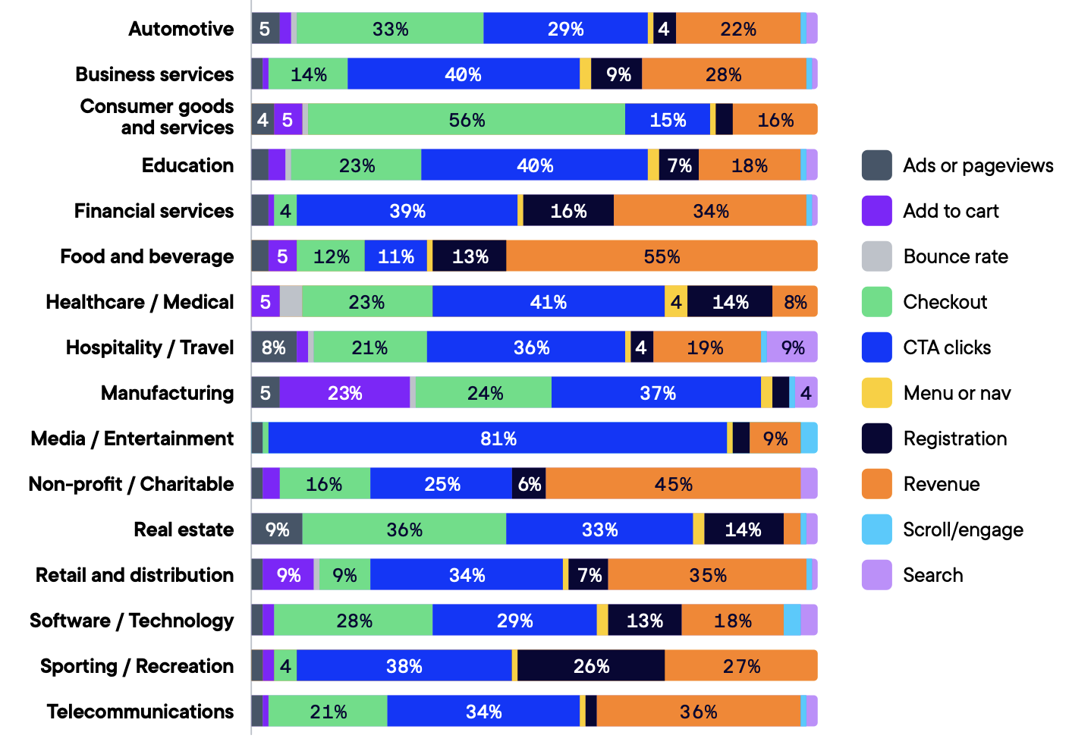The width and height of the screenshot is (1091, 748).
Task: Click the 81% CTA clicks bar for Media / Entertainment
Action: [498, 438]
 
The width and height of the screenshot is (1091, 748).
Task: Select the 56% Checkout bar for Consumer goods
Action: [466, 120]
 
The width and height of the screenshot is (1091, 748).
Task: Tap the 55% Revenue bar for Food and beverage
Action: [662, 256]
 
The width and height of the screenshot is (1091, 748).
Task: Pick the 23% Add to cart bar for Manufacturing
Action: [344, 393]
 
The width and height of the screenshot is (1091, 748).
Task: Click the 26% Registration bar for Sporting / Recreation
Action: [591, 666]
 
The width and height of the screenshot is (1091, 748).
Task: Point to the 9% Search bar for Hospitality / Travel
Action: [792, 347]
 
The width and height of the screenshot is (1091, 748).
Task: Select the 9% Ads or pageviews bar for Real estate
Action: [277, 530]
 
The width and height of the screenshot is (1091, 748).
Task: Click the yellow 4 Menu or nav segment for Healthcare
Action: [676, 302]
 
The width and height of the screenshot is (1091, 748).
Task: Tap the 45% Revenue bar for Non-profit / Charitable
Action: [673, 484]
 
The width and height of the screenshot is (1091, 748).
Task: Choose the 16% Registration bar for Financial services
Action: [568, 211]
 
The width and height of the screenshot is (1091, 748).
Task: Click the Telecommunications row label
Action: [140, 712]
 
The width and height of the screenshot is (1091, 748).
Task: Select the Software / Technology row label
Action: [132, 621]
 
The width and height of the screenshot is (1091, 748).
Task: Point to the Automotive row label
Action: [181, 29]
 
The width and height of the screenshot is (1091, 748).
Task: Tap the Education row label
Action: [187, 165]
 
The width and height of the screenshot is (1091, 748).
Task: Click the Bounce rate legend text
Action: [955, 256]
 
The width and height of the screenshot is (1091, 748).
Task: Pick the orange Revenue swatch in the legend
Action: [876, 484]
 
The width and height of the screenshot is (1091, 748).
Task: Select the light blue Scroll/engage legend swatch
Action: [876, 530]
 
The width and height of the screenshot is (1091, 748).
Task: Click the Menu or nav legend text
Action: [957, 393]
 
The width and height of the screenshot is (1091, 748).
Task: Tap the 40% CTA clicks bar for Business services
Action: [463, 74]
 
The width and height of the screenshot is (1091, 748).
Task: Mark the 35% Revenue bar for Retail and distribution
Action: [707, 575]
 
